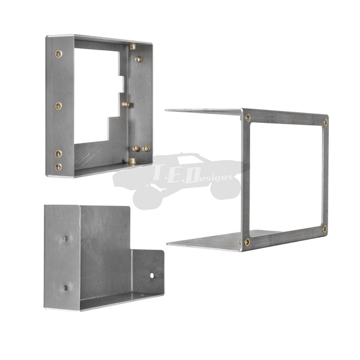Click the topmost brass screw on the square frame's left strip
58,54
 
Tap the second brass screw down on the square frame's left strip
58,106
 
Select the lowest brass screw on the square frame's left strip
58,167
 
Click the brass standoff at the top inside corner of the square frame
133,47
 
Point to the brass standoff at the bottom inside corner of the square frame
132,161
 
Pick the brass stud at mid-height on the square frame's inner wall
125,104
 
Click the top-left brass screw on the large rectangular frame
248,118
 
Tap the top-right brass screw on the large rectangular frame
325,122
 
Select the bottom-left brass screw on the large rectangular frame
247,242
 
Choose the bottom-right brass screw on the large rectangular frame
325,228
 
